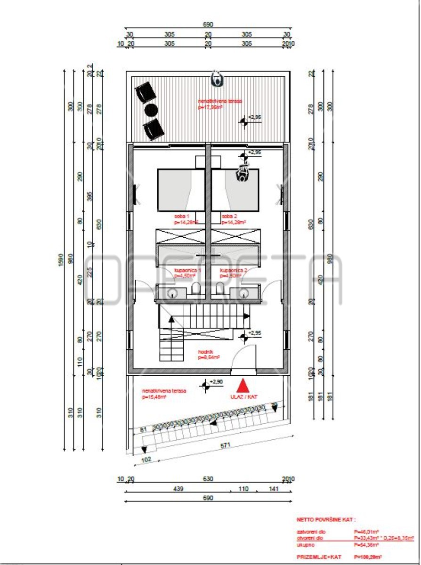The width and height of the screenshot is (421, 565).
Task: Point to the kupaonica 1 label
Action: pos(187,271)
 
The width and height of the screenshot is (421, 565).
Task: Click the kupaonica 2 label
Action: pos(234,271)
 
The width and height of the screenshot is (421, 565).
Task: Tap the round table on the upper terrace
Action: pos(150,110)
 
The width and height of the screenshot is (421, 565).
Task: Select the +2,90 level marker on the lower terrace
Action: pos(206,386)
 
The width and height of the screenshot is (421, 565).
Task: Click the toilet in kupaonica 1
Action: pos(197,289)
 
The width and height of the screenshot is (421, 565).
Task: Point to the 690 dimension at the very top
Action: pos(208,24)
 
